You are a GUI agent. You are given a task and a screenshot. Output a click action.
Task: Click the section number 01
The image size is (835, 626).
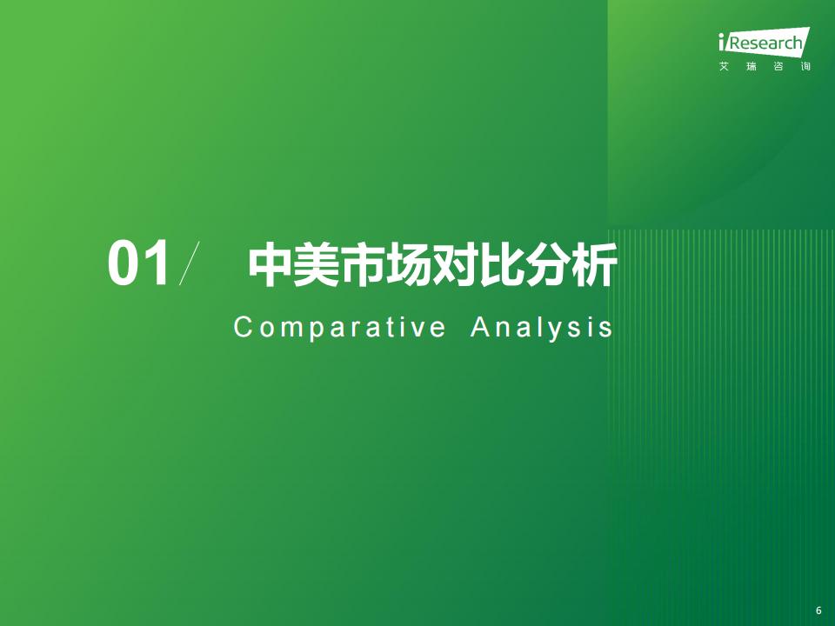[139, 263]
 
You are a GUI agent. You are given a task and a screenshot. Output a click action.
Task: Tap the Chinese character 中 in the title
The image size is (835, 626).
[270, 264]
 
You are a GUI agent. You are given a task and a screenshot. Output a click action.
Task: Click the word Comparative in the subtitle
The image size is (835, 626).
[340, 328]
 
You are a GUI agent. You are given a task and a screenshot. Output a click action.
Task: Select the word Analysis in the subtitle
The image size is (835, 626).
[542, 328]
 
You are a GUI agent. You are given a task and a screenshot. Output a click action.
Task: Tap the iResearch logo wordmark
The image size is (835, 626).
[765, 42]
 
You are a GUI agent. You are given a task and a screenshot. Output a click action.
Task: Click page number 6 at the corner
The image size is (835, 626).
[818, 610]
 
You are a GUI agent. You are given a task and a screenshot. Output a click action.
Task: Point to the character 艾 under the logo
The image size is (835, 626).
[724, 67]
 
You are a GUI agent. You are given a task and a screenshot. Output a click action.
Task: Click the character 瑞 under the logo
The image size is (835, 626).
[751, 67]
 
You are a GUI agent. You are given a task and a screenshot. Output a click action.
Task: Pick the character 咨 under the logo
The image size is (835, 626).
[778, 67]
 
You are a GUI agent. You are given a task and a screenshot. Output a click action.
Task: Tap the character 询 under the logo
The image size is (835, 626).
[805, 67]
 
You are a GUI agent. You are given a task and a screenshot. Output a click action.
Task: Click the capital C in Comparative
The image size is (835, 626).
[243, 327]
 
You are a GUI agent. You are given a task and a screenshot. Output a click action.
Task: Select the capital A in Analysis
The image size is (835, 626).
[481, 327]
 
